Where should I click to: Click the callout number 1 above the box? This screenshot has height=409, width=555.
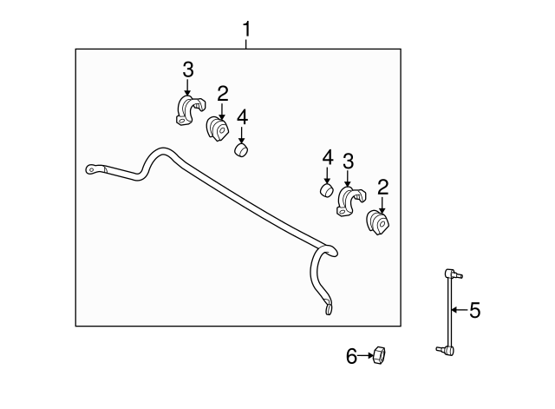point(246,29)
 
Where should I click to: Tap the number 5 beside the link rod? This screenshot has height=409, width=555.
point(475,310)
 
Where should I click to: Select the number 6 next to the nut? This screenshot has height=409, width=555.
point(351,356)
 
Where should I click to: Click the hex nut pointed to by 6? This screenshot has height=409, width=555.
point(379,356)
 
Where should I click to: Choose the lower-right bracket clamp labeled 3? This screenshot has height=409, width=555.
point(350,201)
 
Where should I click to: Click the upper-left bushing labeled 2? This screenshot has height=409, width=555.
point(218,129)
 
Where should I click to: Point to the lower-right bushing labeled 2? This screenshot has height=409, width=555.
point(378,222)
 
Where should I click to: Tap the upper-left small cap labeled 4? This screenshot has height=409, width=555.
point(241,150)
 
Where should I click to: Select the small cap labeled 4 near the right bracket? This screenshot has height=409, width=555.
point(327,190)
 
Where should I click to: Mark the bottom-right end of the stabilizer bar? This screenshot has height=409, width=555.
point(329,308)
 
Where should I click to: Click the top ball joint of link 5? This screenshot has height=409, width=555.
point(452,274)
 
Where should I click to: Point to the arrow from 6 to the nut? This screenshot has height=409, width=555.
point(365,355)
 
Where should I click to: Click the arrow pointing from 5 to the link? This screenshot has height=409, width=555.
point(460,310)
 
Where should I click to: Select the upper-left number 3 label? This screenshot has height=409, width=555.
point(188,69)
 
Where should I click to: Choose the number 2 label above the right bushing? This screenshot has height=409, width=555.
point(383,188)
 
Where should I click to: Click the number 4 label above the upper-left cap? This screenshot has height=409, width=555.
point(242,117)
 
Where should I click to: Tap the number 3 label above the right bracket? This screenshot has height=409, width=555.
point(349,162)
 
